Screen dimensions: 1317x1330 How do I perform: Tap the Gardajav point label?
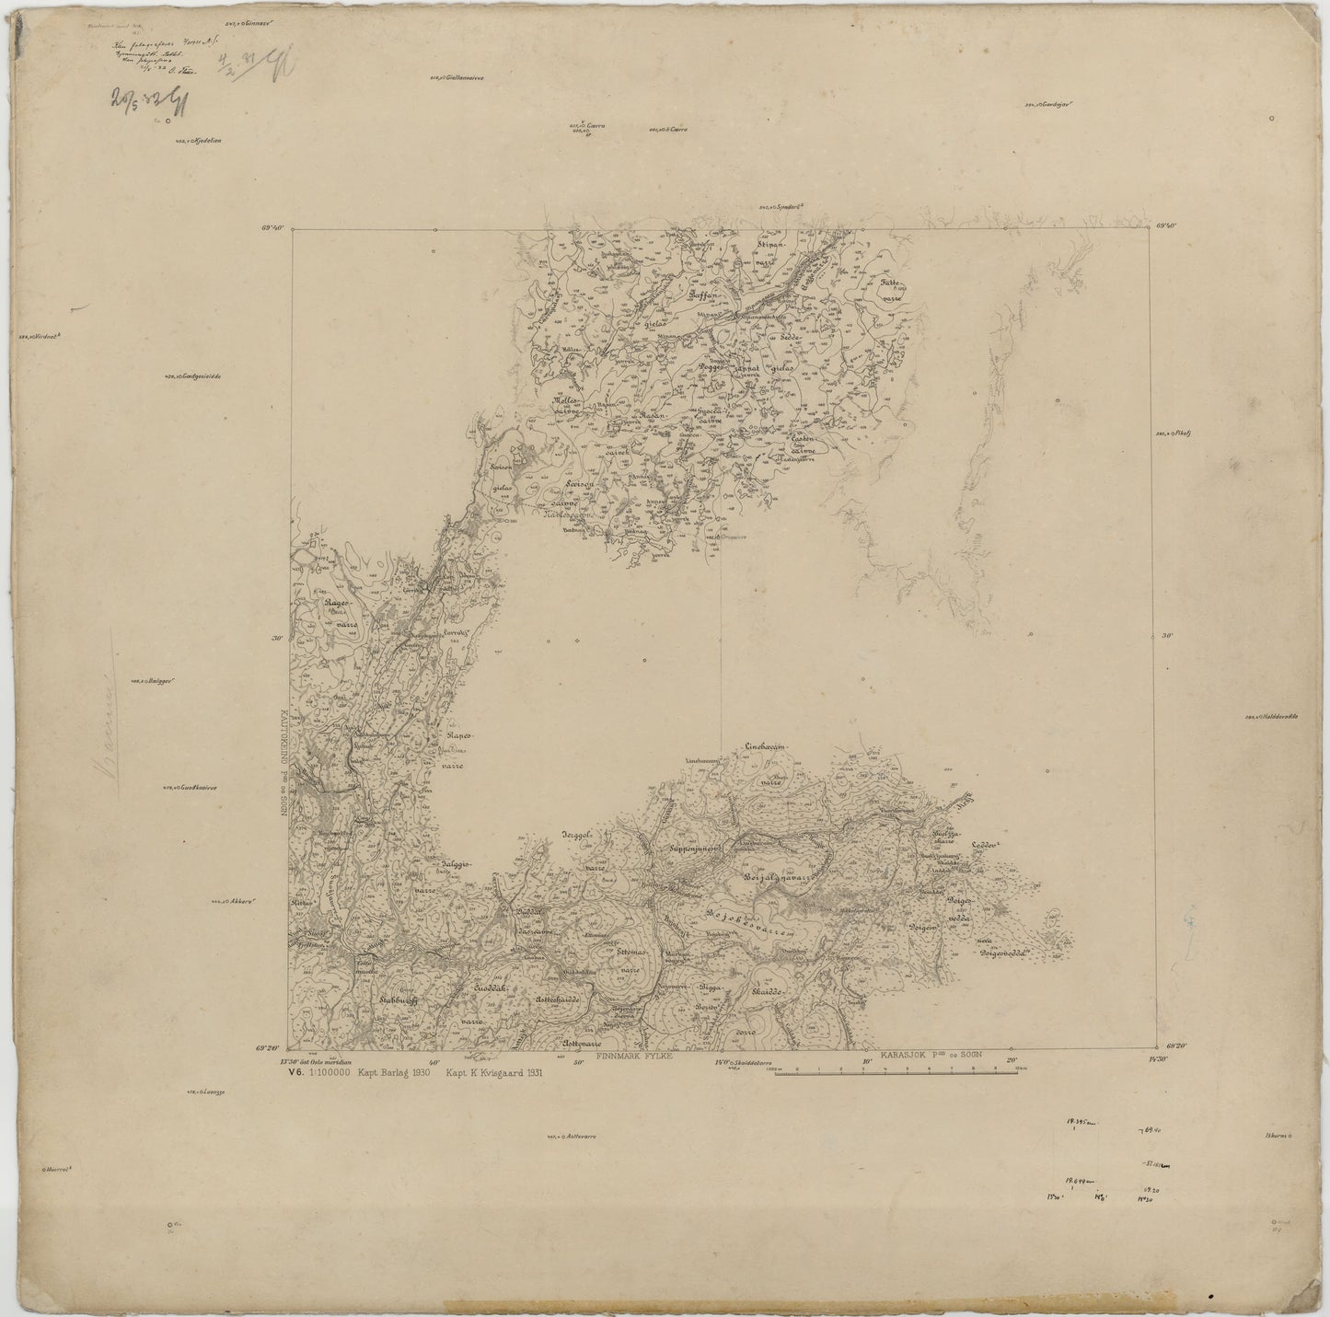pos(1050,105)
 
